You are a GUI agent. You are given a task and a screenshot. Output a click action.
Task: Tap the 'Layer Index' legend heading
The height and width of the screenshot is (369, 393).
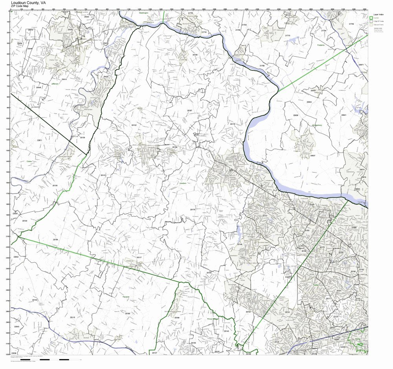(x=378, y=14)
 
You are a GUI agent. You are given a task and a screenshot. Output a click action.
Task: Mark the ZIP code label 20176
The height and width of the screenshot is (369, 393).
(x=232, y=124)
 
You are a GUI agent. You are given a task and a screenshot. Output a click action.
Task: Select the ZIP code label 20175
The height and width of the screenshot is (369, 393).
(x=193, y=210)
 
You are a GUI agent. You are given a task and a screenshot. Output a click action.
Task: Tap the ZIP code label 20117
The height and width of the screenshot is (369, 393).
(x=139, y=257)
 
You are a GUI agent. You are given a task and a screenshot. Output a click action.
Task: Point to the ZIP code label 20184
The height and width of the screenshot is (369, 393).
(x=55, y=239)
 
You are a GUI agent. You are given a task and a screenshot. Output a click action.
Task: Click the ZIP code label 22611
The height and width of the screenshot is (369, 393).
(x=39, y=140)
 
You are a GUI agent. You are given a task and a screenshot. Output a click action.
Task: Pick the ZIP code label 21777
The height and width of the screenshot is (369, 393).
(x=238, y=61)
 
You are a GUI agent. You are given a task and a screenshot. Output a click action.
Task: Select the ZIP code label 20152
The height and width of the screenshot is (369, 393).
(x=248, y=312)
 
